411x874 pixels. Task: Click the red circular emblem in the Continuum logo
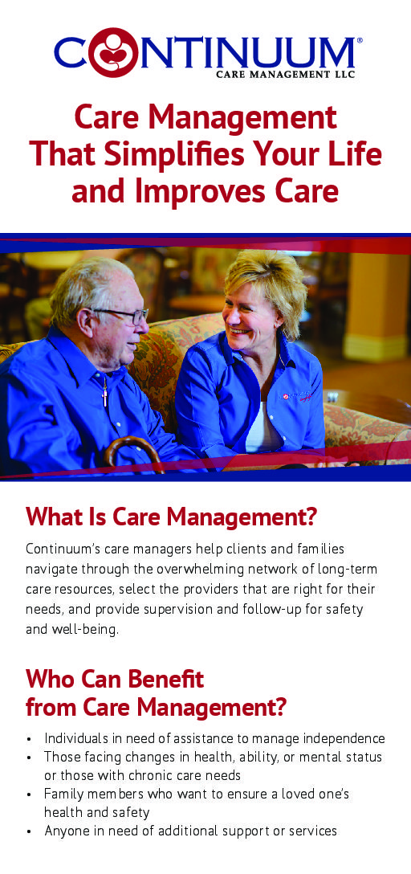pos(113,52)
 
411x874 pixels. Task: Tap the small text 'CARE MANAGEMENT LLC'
pos(285,74)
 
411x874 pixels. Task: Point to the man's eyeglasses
pos(124,315)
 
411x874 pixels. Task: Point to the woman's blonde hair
pos(267,279)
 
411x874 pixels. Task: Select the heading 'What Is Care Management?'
pos(171,517)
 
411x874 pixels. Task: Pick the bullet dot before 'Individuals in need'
pos(28,740)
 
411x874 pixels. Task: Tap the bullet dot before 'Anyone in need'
pos(28,831)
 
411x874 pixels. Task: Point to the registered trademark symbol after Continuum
pos(359,40)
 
